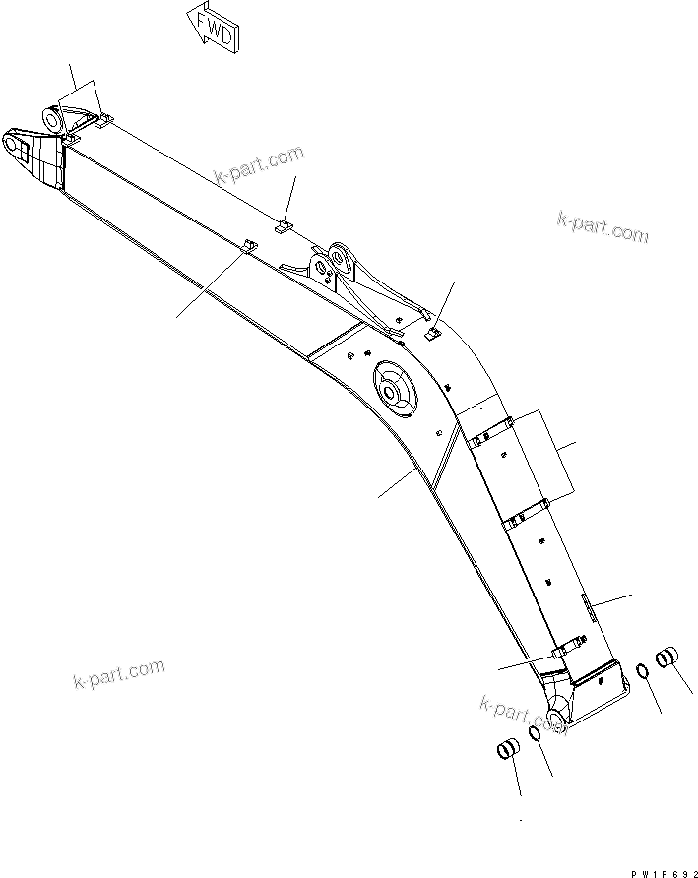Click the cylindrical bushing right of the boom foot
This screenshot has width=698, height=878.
pos(667,656)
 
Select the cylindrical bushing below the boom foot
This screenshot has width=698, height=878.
pos(506,751)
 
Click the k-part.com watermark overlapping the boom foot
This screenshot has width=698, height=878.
pos(524,714)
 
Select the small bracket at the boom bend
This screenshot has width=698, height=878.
pos(432,334)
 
